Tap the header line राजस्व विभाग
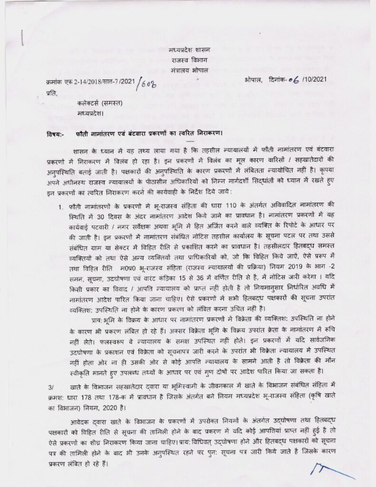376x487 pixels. (x=188, y=59)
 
